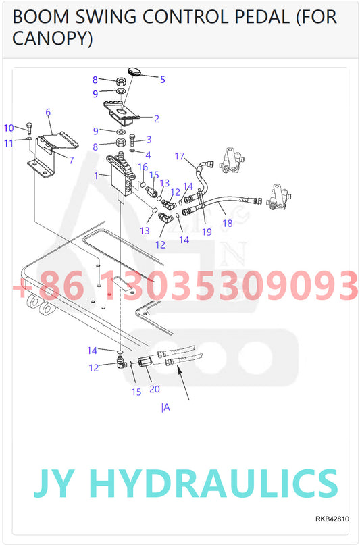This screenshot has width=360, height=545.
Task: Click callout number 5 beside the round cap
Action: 162,79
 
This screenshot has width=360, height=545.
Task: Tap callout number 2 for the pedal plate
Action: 156,119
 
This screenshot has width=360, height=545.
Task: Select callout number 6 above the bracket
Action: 149,140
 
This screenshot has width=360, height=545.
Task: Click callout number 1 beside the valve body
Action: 97,176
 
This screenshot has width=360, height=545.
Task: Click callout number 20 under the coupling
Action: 155,389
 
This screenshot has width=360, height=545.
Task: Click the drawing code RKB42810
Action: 332,519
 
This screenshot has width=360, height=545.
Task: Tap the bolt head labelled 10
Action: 30,126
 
